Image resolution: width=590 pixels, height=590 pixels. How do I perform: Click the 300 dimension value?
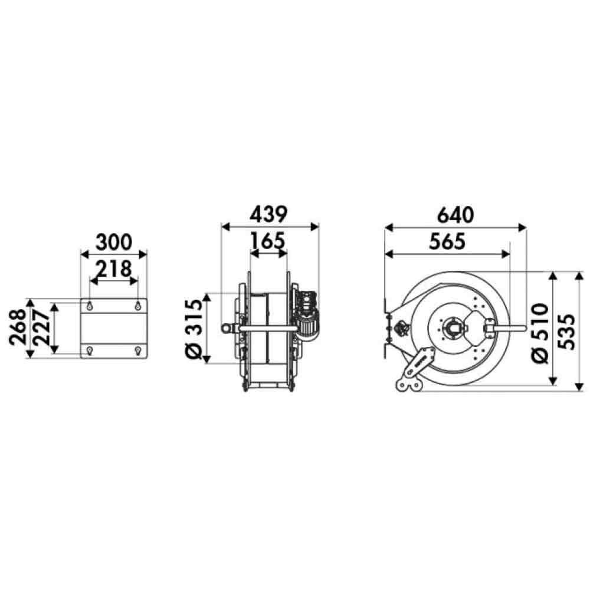tap(114, 242)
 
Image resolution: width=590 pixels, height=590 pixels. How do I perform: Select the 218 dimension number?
tap(114, 269)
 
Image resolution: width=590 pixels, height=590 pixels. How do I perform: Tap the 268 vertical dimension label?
tap(18, 327)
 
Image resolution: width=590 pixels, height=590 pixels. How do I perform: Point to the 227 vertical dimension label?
tap(42, 327)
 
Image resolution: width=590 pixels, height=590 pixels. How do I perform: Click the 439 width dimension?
tap(268, 215)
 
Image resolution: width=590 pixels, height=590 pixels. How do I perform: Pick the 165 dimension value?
tap(268, 241)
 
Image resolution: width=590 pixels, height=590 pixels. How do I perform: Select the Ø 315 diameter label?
tap(195, 328)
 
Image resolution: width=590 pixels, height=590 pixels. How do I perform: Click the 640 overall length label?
tap(455, 215)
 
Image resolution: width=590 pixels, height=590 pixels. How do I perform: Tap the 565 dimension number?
tap(447, 241)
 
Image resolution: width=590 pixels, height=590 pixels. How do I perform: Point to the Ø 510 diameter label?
tap(540, 333)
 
